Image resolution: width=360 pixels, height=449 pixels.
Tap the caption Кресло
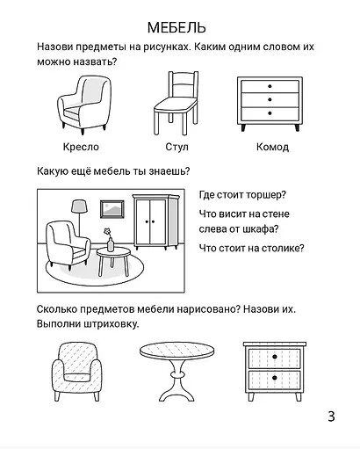click(x=81, y=147)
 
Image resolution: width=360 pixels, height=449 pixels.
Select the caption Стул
click(x=176, y=147)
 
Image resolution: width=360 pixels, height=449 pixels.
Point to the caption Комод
click(x=272, y=147)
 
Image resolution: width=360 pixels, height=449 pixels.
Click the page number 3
click(x=330, y=416)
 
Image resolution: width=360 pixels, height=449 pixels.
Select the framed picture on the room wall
click(x=112, y=209)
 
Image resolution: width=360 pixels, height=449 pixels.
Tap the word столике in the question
click(x=281, y=248)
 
